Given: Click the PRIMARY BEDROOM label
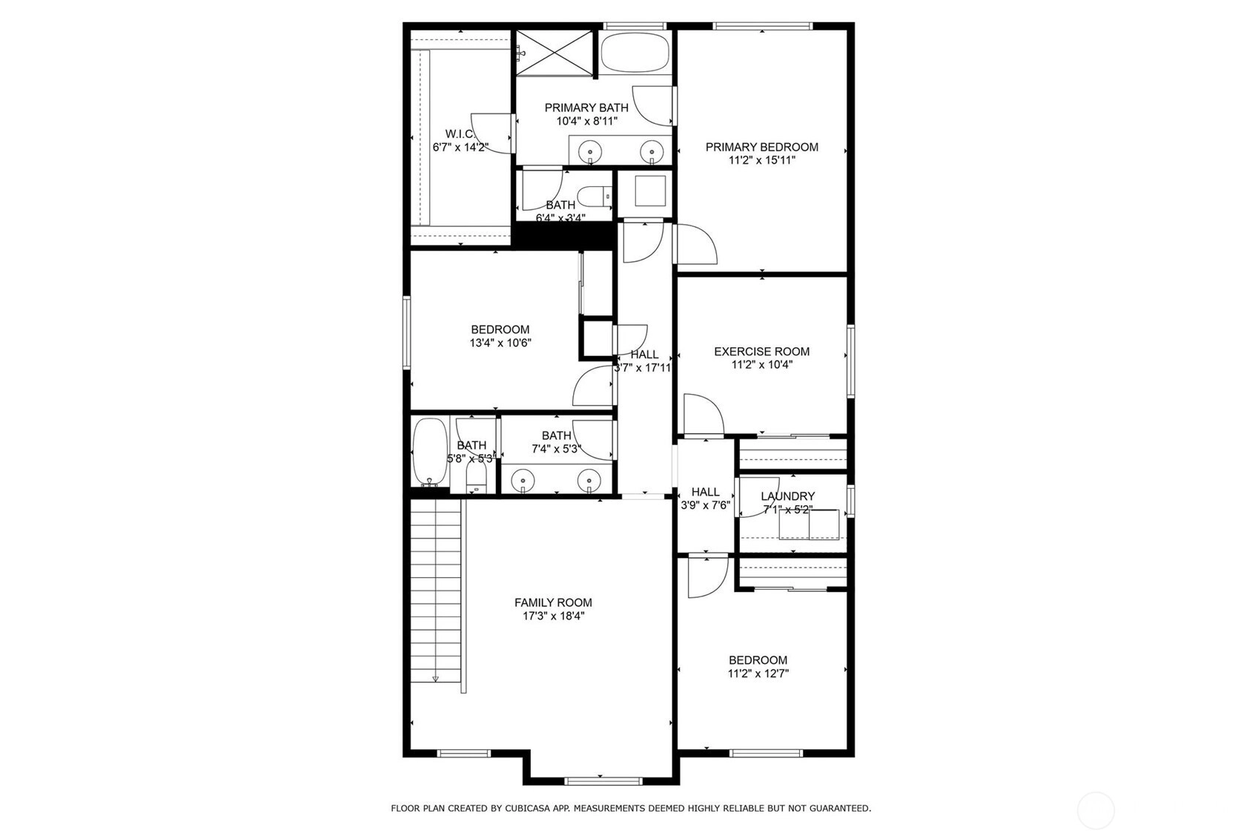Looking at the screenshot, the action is [761, 147].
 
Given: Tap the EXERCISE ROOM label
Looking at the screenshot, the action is [761, 352].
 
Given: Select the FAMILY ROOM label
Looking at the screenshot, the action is [553, 603].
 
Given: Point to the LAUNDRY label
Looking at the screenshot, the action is [787, 496].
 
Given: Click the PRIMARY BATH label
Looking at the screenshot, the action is [586, 108].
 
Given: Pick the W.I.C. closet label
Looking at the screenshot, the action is [460, 134].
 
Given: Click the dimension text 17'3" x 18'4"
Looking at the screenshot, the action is [553, 616].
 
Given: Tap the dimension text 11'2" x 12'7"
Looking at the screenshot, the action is [758, 674].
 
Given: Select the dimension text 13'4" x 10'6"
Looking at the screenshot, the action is [500, 343].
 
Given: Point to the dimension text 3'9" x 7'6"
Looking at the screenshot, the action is [706, 505].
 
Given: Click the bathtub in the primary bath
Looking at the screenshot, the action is [635, 52].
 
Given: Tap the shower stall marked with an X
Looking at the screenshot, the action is [554, 53].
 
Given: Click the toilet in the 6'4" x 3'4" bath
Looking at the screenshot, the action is [595, 197].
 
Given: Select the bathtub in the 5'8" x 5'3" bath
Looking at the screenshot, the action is [430, 451].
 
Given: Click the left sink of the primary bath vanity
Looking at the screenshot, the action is [590, 151].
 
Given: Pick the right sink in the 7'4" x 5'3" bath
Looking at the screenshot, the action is [589, 481].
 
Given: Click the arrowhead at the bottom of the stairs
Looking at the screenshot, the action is [435, 679].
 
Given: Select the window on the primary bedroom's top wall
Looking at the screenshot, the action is [763, 26].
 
